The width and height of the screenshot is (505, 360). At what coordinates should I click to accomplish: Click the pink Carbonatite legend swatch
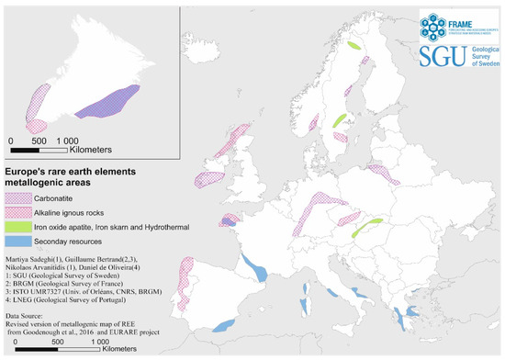19,196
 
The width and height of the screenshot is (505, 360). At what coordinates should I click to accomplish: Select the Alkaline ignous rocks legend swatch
19,211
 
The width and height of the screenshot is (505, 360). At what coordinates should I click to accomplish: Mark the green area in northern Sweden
353,45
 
